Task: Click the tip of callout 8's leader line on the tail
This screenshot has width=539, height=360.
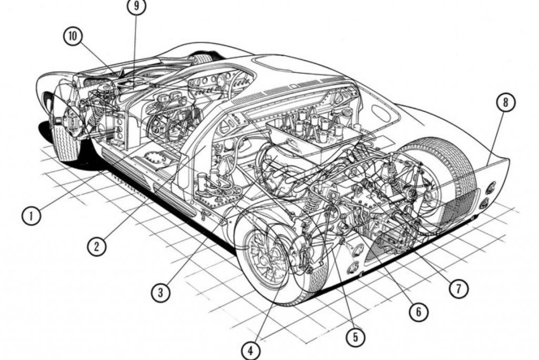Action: [x=488, y=165]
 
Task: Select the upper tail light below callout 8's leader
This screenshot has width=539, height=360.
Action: [x=491, y=188]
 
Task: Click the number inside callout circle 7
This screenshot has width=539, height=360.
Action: [x=458, y=288]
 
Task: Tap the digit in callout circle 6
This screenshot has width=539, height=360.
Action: [x=418, y=312]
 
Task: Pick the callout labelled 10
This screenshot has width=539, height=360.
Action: [x=73, y=36]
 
